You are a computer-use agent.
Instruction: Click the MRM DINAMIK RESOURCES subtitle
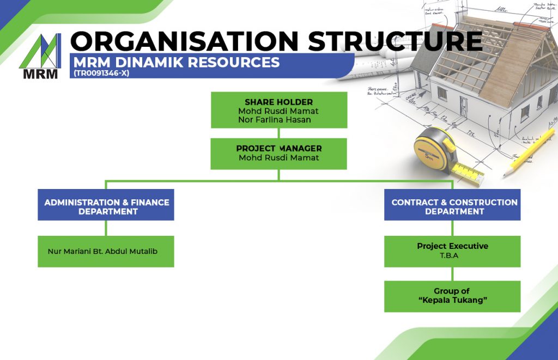coord(175,62)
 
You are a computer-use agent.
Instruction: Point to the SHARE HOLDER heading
coord(278,102)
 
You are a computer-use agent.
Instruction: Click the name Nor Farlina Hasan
coord(274,120)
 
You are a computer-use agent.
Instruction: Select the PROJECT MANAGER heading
coord(278,148)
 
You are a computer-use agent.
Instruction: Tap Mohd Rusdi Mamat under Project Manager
coord(278,158)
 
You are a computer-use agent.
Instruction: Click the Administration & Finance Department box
coord(106,206)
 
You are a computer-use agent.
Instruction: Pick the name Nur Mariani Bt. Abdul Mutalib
coord(102,252)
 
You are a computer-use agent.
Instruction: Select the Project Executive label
coord(452,246)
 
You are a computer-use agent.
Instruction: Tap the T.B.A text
coord(452,255)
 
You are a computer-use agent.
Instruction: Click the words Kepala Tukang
coord(452,301)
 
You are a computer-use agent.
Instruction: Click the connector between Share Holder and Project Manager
coord(278,133)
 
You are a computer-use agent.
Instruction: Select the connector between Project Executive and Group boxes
coord(452,274)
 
